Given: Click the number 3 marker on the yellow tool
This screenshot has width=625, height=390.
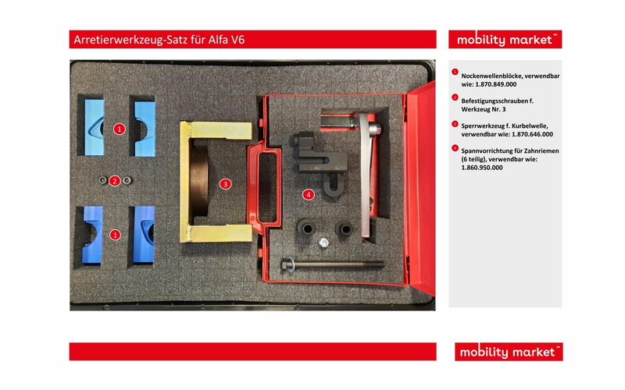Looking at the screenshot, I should (x=225, y=184).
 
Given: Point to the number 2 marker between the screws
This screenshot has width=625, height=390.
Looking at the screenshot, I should (x=115, y=181).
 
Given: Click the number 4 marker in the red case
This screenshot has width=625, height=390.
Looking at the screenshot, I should (x=309, y=193).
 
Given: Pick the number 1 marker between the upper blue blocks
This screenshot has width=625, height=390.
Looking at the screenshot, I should (x=119, y=128).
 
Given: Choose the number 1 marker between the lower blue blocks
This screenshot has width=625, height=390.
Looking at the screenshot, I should (x=115, y=233).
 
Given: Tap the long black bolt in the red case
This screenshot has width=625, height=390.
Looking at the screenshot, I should (x=333, y=264).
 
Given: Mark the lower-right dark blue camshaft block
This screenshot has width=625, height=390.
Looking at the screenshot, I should (x=145, y=233).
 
